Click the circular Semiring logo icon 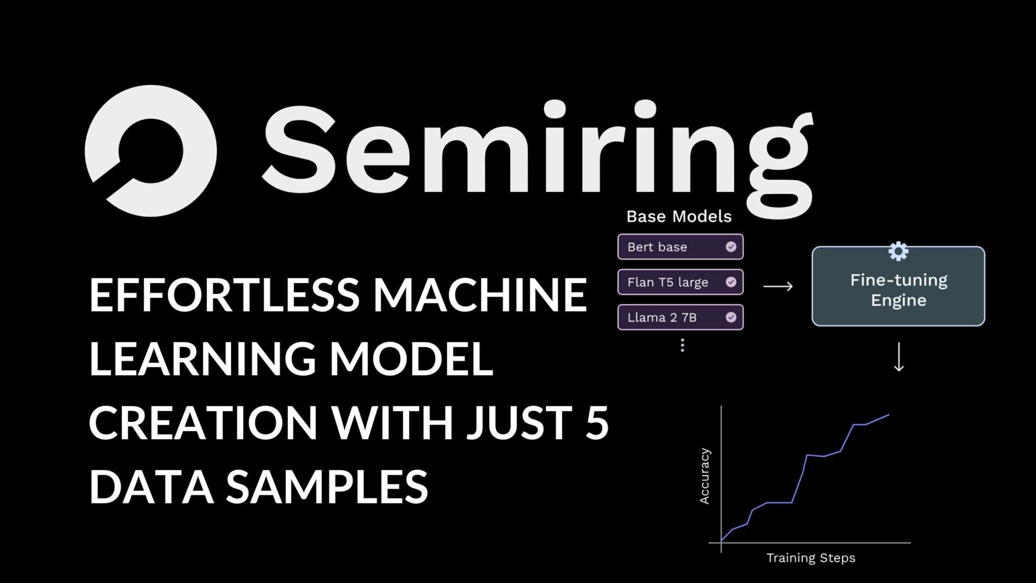coord(151,151)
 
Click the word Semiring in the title coord(536,152)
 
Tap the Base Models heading coord(679,217)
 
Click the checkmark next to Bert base coord(731,247)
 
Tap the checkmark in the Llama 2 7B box coord(731,318)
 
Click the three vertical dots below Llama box coord(682,345)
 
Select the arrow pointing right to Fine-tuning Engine coord(778,286)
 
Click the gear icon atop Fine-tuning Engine coord(898,251)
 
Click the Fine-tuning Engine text coord(898,290)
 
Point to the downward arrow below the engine coord(899,357)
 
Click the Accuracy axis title coord(704,476)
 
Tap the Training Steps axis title coord(810,558)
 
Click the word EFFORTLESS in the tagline coord(224,295)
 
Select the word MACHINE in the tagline coord(480,295)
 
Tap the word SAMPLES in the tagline coord(327,486)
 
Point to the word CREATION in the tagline coord(203,423)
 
